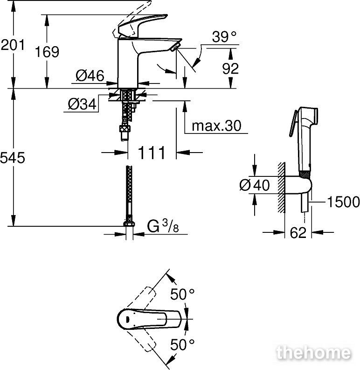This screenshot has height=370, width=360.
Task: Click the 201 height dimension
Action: point(13,45)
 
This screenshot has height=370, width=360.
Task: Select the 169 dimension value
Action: point(47,52)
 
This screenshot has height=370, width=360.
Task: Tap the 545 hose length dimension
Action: point(13,158)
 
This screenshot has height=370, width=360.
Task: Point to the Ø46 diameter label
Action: point(90,76)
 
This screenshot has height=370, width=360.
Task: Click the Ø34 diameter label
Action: point(82,104)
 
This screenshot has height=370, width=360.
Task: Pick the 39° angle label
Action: point(224,36)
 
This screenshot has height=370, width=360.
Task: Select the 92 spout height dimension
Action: point(230,69)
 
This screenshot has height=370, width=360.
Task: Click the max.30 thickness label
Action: point(216,126)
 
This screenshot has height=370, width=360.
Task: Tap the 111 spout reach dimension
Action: point(152,153)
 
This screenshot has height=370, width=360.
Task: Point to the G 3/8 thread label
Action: point(163,227)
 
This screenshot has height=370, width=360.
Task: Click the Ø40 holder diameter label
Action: point(254,185)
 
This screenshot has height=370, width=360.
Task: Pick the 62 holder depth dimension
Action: point(298,233)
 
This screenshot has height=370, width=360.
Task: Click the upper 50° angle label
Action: point(182,294)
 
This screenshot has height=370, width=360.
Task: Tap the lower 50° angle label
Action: point(182,345)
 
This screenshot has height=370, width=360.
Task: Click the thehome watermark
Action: point(314,353)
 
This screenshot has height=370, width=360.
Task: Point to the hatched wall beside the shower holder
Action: point(282,188)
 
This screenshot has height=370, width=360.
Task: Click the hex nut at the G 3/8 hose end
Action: point(129,224)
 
